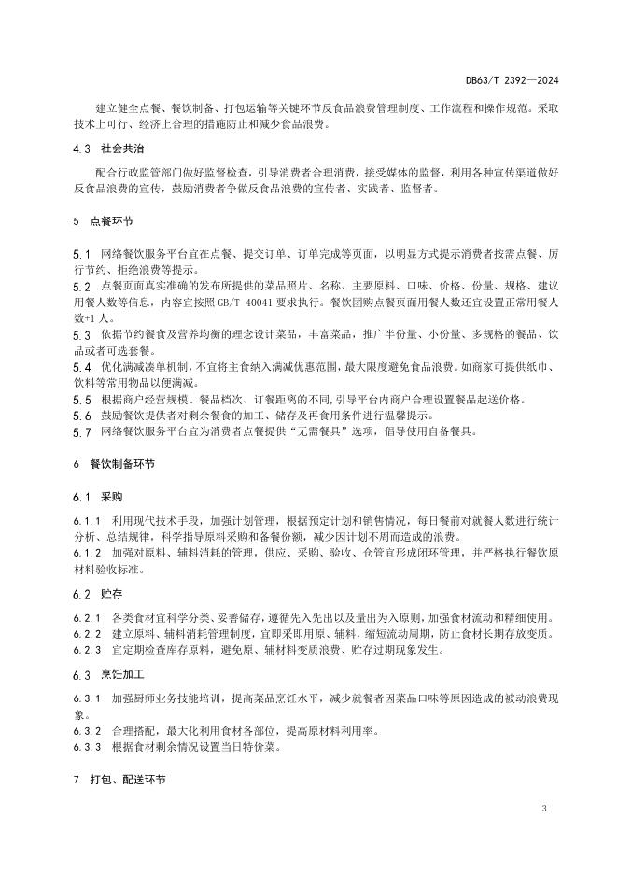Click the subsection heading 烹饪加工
tap(123, 674)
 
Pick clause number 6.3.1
tap(86, 698)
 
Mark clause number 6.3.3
tap(86, 747)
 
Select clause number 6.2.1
tap(86, 617)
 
